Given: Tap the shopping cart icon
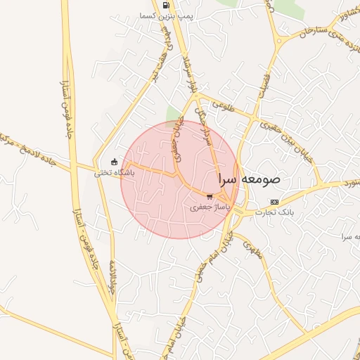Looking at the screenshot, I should [x=210, y=197].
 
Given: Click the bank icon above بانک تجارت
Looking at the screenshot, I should [x=274, y=202].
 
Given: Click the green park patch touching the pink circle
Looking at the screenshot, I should [x=173, y=114].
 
